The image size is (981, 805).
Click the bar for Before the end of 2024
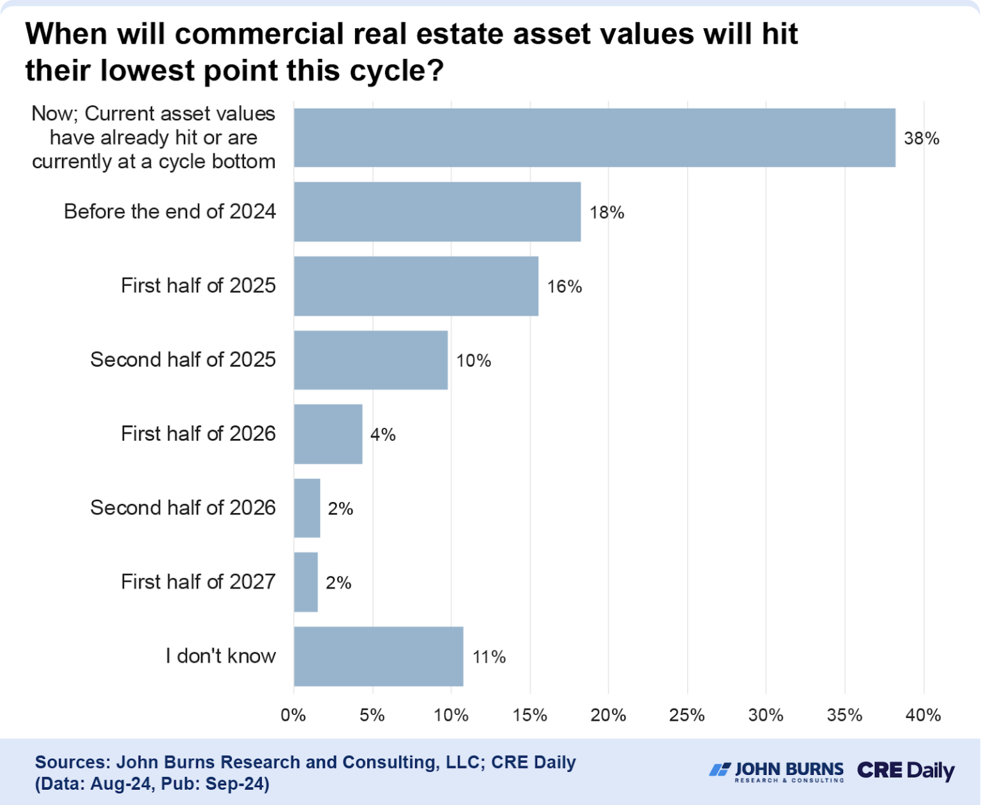[x=437, y=211]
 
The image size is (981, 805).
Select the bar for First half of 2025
[x=416, y=286]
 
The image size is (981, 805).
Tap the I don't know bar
[x=378, y=656]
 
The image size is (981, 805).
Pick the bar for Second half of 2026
[x=307, y=508]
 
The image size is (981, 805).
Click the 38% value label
[x=921, y=138]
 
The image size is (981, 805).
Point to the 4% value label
[x=383, y=434]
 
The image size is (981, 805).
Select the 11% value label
[x=489, y=657]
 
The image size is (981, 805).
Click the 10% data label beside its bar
[x=473, y=360]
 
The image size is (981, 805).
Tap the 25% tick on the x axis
[x=687, y=715]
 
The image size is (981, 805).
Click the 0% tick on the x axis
[x=293, y=715]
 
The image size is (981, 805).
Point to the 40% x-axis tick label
[x=923, y=715]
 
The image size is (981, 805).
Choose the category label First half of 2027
[x=198, y=581]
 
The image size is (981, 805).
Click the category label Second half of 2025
[x=183, y=360]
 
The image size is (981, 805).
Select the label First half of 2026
[x=198, y=434]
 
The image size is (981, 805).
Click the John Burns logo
[x=777, y=770]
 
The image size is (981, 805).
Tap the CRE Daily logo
[x=905, y=770]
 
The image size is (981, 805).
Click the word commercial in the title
[x=260, y=33]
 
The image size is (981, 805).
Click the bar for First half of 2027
[x=305, y=582]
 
